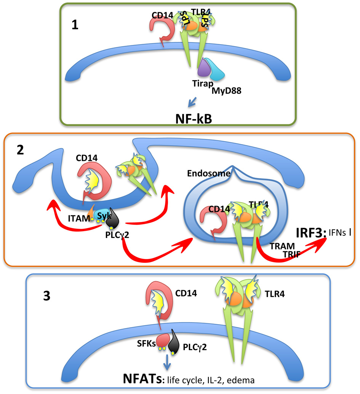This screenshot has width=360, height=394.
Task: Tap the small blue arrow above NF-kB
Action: [x=193, y=101]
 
